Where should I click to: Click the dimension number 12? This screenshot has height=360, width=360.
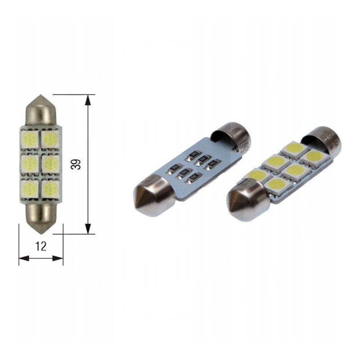coord(41,246)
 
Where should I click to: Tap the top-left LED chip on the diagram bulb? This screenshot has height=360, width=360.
coord(30,139)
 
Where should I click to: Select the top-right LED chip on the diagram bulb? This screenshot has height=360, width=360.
coord(50,139)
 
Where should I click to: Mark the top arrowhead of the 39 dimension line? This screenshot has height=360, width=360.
coord(88,100)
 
